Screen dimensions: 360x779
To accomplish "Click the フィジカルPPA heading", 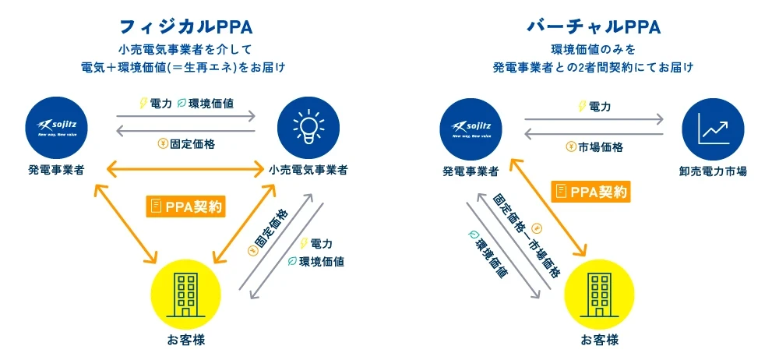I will click(185, 26).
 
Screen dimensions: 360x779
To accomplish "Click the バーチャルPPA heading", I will click(594, 26).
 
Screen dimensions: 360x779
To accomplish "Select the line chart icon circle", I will click(713, 126).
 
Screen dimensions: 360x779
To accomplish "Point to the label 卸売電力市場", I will click(713, 170).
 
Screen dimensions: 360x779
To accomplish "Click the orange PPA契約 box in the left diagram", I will click(185, 206).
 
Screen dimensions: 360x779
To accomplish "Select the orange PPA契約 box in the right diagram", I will click(590, 191).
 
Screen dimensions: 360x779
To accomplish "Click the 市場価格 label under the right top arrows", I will click(593, 146).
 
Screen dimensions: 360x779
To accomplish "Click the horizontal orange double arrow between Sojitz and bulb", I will click(185, 167).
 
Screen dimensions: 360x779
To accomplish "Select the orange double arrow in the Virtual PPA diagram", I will click(548, 206).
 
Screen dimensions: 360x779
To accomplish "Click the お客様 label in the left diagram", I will click(185, 340).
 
